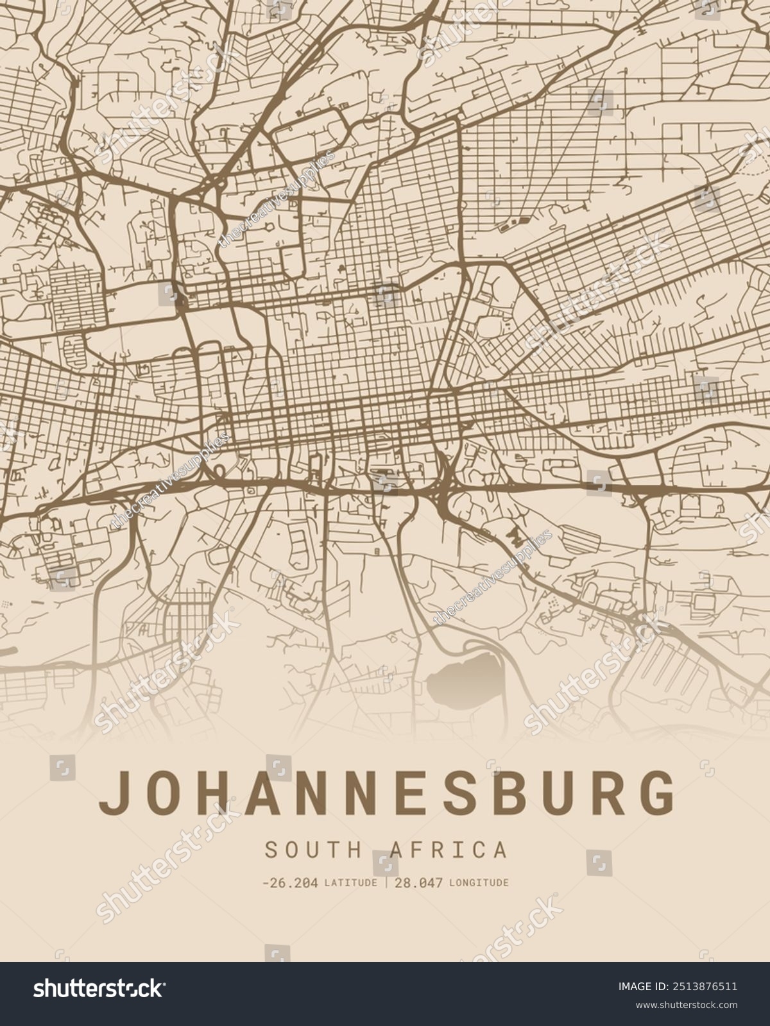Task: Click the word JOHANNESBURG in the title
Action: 386,793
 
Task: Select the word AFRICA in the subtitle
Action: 448,850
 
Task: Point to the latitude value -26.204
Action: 290,883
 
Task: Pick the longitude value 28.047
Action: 418,883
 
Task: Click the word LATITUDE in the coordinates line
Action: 350,883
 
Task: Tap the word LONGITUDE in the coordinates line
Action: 479,883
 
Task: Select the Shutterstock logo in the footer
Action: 98,989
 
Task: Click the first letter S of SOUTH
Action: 271,850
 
